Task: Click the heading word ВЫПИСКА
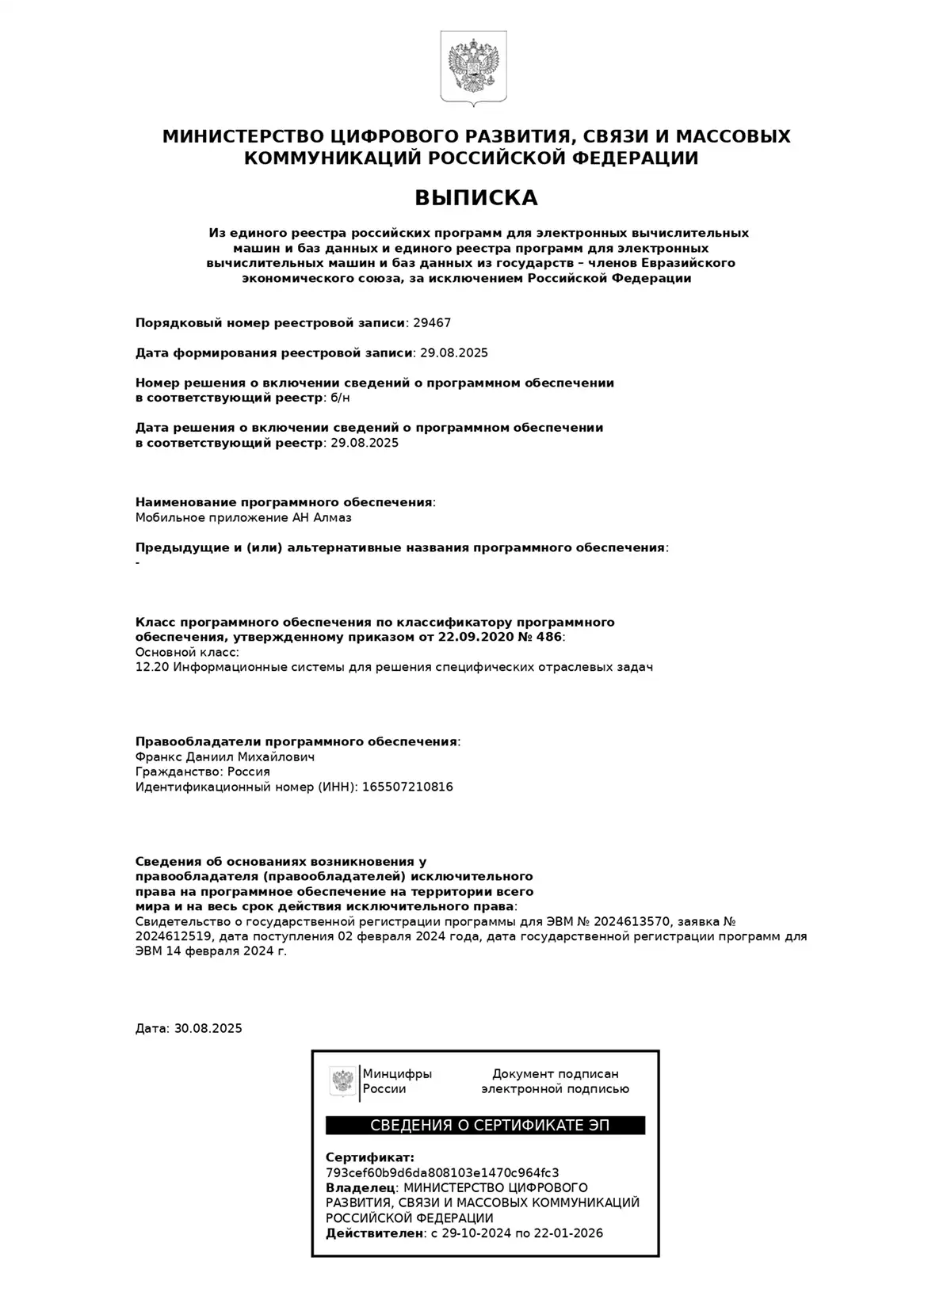pos(476,197)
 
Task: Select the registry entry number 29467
pos(432,323)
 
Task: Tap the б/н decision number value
pos(339,398)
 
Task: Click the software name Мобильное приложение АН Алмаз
pos(243,518)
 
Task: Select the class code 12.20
pos(151,667)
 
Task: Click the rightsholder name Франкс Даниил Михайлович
pos(225,757)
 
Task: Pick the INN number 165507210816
pos(407,787)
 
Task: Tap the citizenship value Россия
pos(249,772)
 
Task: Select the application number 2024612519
pos(175,937)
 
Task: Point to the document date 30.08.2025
pos(208,1029)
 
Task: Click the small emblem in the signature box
pos(342,1081)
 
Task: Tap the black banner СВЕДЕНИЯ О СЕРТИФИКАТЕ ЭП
pos(485,1126)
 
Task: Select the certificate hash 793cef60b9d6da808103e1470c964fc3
pos(442,1173)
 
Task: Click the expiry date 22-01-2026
pos(568,1233)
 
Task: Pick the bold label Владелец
pos(361,1188)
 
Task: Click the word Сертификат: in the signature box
pos(369,1158)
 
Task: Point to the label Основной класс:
pos(187,652)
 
